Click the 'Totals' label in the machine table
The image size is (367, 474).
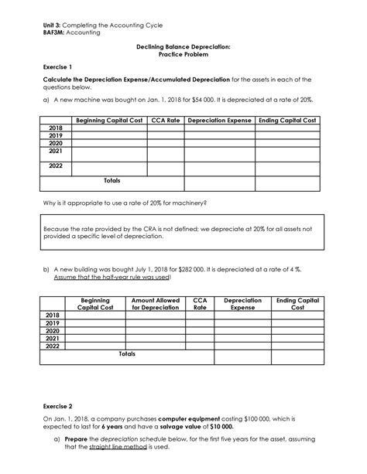coord(111,180)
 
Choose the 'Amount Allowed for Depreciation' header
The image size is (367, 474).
coord(155,303)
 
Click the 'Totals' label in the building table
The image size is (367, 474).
coord(126,353)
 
